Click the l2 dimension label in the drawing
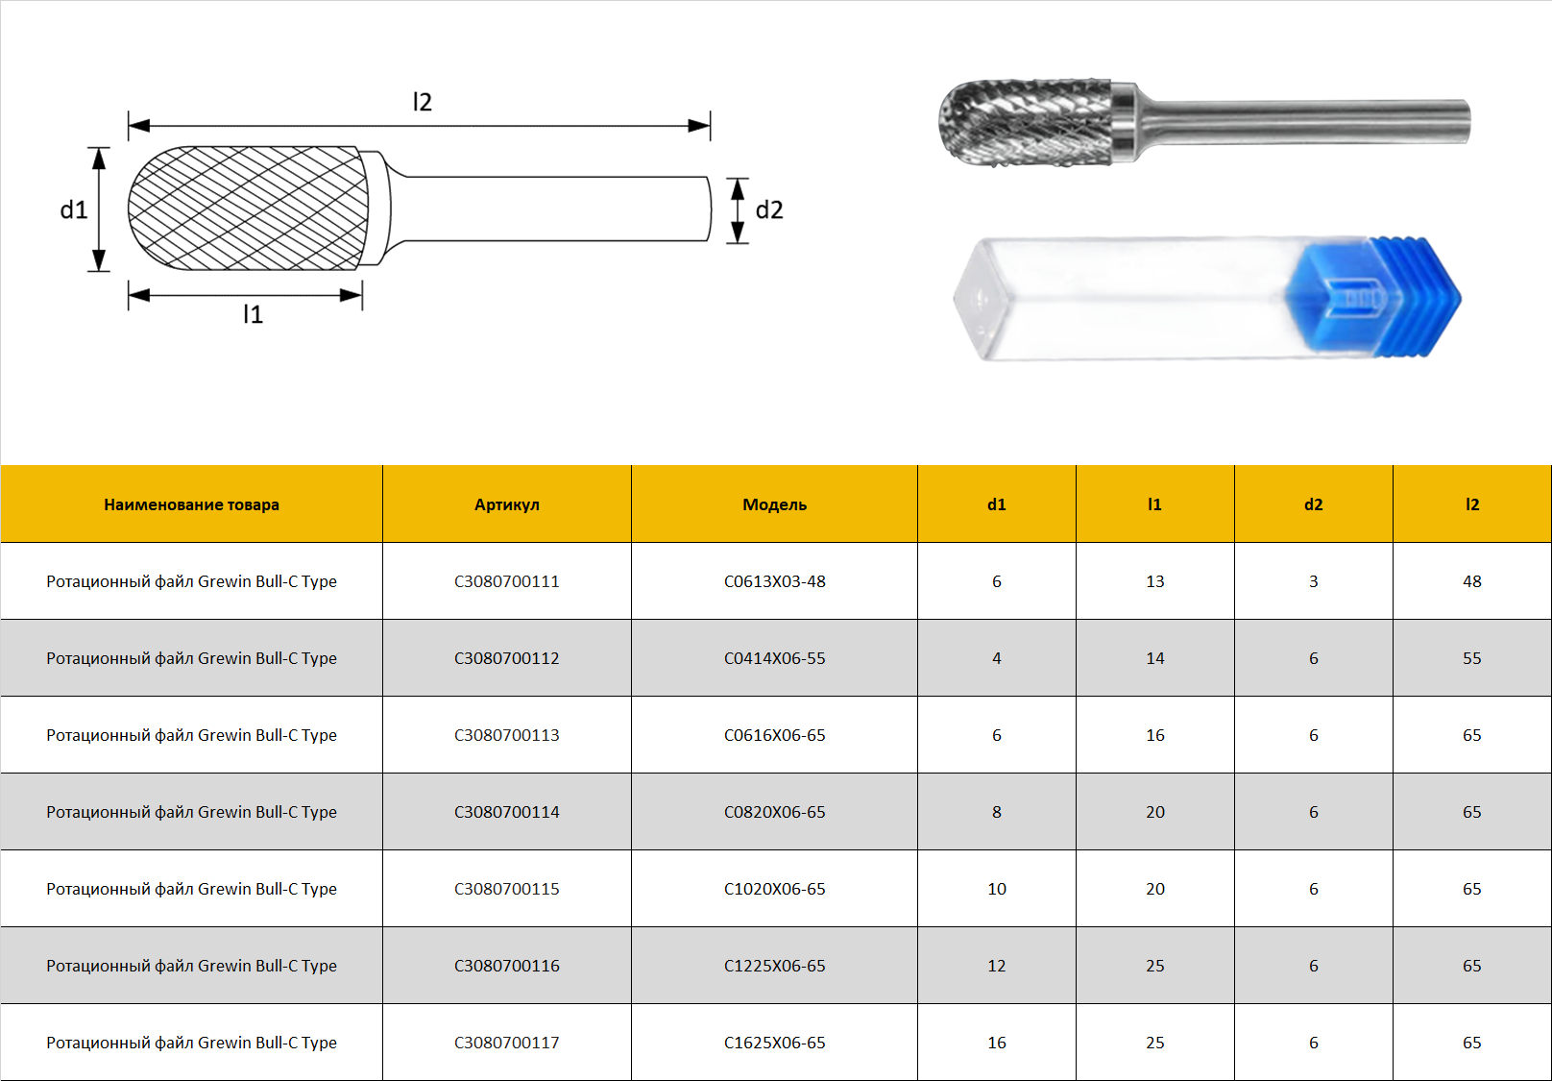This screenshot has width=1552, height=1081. [x=422, y=102]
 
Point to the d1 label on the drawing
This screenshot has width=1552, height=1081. [x=73, y=209]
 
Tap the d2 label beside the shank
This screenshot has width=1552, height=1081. [x=769, y=209]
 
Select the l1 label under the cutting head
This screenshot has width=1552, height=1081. [x=253, y=314]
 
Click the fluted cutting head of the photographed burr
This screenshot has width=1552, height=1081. [x=1026, y=123]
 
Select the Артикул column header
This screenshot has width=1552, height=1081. [x=506, y=504]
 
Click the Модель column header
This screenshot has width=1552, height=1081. [x=775, y=504]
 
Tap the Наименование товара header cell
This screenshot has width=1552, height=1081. [x=191, y=504]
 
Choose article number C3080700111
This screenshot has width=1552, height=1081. [x=506, y=581]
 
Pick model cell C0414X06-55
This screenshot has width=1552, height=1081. [x=775, y=658]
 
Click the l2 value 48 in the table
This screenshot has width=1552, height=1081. [x=1471, y=581]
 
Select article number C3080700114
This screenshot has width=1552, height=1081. [x=506, y=812]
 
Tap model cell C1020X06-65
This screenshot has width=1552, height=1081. [x=775, y=889]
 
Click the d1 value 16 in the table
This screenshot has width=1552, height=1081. [x=996, y=1043]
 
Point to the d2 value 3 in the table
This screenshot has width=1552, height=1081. [x=1314, y=581]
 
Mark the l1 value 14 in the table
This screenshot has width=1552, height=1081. [x=1155, y=658]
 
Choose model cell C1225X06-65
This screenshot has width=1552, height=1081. [x=775, y=966]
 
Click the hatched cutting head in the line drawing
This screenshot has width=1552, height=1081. [x=248, y=208]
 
